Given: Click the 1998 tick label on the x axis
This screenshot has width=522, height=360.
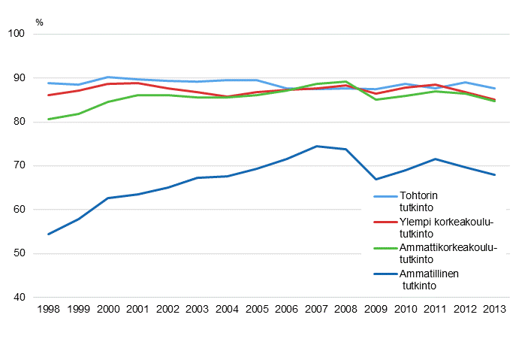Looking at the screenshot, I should pos(48,310).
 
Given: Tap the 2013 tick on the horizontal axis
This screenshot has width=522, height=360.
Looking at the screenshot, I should pos(493,310).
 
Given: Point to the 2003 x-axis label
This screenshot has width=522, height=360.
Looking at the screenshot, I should pos(196,310).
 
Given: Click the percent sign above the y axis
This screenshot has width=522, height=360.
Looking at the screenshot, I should pos(39,22).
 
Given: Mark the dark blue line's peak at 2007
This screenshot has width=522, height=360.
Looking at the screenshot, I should pos(315,146).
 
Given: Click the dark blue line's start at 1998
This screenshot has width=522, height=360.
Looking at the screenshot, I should pos(48,234).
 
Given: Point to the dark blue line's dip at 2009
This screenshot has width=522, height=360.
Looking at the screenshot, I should pos(375,179).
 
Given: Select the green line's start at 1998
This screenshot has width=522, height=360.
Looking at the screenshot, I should pos(48,119).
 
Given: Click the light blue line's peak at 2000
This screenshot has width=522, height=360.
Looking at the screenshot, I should pos(107,77).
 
